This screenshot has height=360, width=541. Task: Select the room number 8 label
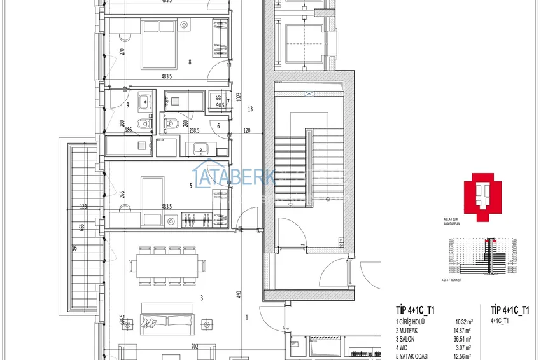(190, 62)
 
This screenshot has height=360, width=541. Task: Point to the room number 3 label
(201, 297)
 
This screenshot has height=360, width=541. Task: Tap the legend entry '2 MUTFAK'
(411, 331)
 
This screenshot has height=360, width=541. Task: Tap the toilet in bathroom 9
(142, 125)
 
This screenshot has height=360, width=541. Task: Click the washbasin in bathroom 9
(144, 100)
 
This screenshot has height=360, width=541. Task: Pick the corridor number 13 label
(250, 109)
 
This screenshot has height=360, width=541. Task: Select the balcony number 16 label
(74, 248)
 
